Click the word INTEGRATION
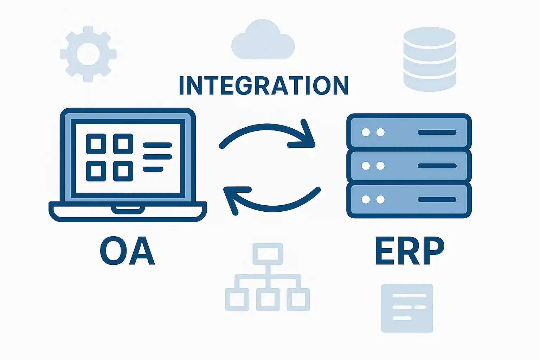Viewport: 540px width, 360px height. (x=263, y=85)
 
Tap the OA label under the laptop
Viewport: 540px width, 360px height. (x=127, y=251)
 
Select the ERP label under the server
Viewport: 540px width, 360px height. (x=410, y=251)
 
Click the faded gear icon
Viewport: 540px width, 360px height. (x=88, y=54)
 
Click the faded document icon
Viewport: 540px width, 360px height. (x=407, y=308)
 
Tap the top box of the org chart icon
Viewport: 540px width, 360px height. (x=268, y=253)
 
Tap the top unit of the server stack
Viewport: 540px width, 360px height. (x=409, y=132)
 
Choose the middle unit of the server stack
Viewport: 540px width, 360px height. (x=409, y=166)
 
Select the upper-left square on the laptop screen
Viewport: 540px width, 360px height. (x=96, y=144)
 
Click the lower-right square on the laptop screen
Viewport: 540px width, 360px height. (x=123, y=171)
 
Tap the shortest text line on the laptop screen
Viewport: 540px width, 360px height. (x=153, y=169)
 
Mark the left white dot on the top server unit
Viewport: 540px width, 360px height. (x=366, y=132)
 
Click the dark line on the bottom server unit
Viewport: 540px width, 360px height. (x=437, y=200)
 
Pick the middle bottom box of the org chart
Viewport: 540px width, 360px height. (x=268, y=299)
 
